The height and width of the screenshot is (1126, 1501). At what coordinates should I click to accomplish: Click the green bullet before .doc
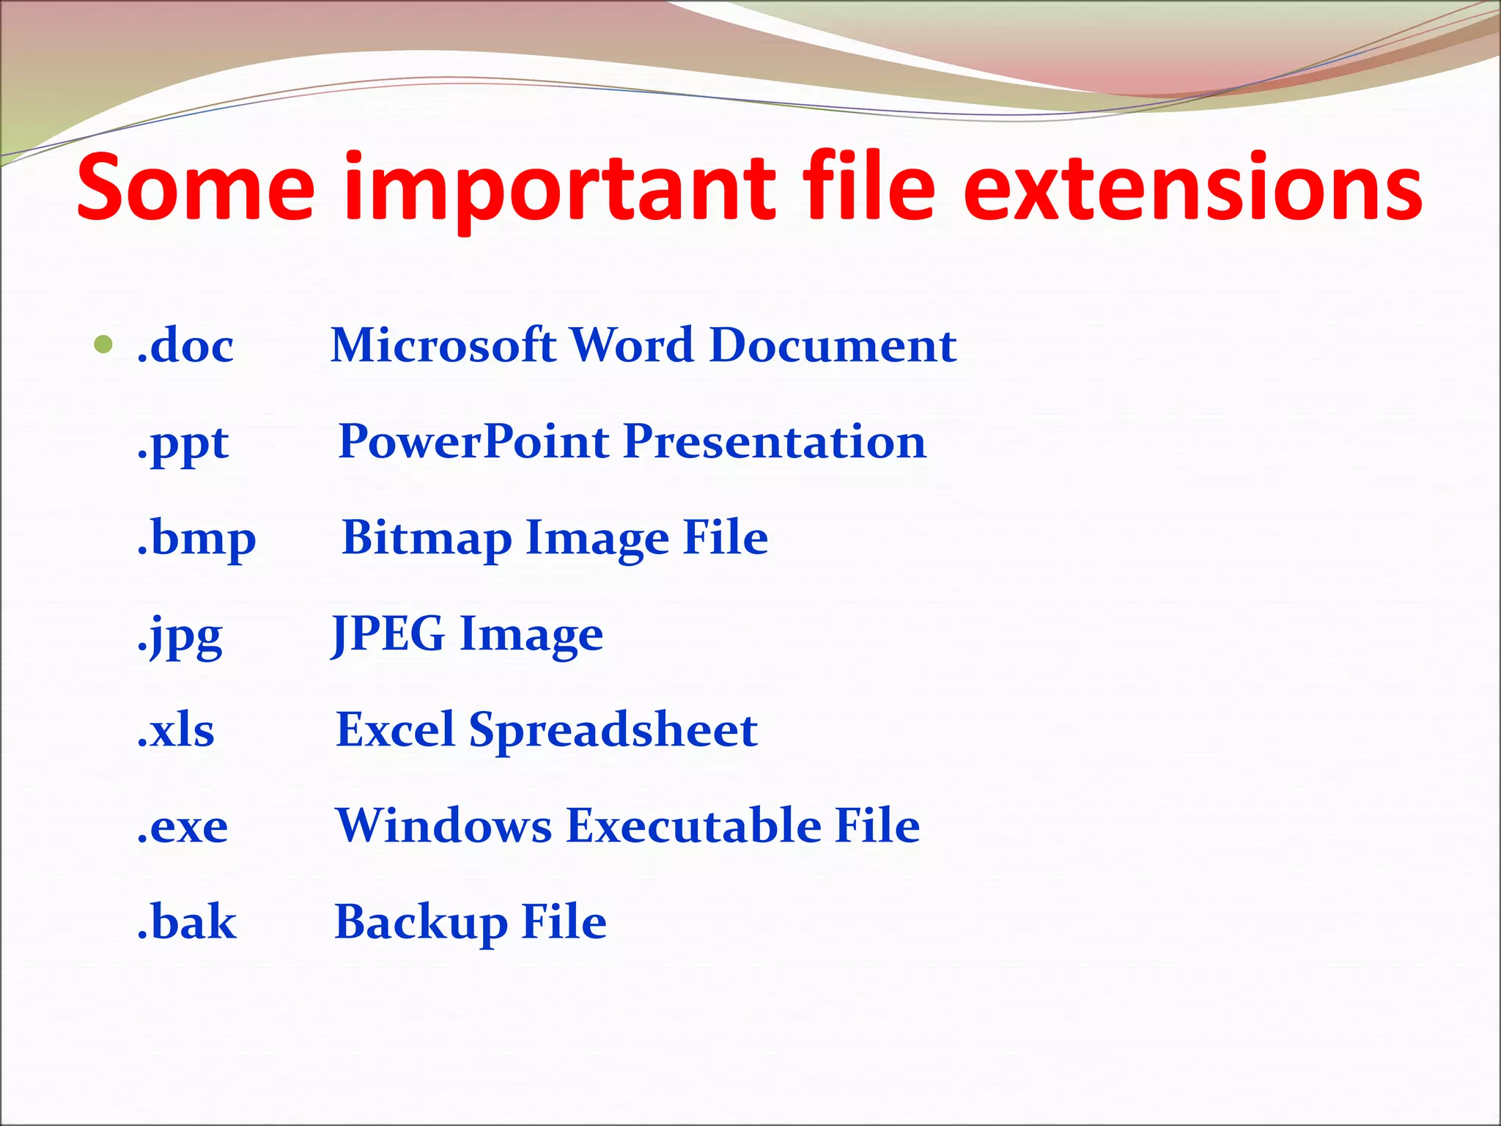point(103,344)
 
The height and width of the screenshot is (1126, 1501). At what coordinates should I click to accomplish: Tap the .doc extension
point(185,345)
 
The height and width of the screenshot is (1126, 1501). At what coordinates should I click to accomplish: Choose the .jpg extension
point(180,636)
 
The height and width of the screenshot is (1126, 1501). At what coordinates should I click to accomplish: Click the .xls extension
point(176,731)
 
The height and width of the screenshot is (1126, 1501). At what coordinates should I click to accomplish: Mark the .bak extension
point(187,922)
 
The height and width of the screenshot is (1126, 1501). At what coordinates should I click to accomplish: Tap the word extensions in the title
point(1192,187)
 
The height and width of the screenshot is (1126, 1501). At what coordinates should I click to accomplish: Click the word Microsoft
point(443,345)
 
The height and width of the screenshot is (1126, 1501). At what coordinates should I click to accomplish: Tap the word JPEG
point(388,634)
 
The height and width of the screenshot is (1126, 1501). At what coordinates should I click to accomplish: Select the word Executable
point(693,826)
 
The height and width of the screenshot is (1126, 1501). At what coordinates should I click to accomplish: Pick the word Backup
point(421,923)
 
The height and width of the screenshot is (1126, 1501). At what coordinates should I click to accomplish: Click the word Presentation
point(775,442)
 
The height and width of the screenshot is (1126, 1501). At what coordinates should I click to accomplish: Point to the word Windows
point(443,826)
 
